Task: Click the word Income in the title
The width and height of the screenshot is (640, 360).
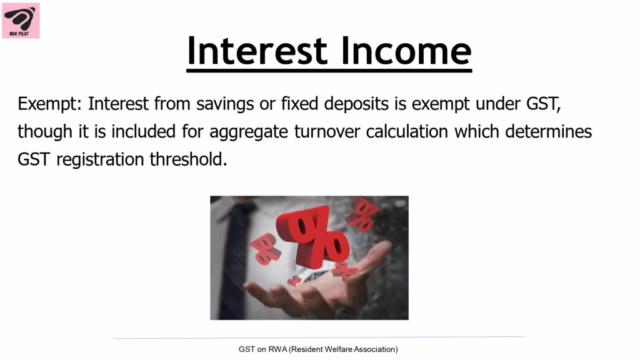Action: [406, 51]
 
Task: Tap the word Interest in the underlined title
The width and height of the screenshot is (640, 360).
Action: [257, 51]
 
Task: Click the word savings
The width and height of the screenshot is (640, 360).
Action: [225, 104]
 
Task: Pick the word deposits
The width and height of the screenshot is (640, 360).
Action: [356, 104]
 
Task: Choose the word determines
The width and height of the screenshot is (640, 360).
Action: [548, 131]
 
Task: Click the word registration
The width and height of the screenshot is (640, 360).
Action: [100, 160]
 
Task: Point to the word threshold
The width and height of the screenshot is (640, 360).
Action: [188, 159]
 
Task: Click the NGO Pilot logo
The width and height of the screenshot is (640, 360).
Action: [21, 21]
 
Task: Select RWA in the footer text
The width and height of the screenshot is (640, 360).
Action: [277, 349]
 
